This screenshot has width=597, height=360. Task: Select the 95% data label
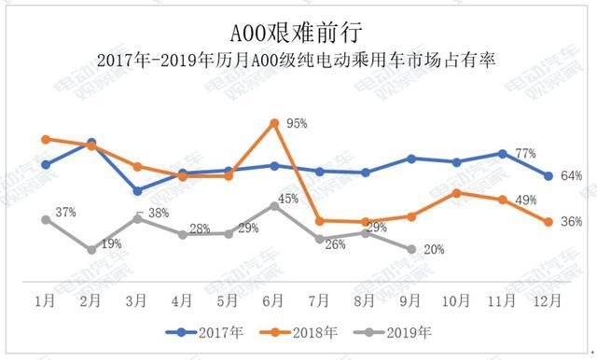click(x=298, y=123)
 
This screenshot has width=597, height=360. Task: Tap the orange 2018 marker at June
click(x=274, y=122)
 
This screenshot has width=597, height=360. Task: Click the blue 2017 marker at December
click(x=548, y=175)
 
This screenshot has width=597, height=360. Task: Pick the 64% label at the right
click(x=572, y=175)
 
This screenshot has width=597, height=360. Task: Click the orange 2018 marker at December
click(x=548, y=222)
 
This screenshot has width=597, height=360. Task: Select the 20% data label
click(x=434, y=250)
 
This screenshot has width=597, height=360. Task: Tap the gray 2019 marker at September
click(x=411, y=249)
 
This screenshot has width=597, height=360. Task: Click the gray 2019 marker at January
click(x=46, y=220)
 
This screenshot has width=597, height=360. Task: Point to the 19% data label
click(x=111, y=243)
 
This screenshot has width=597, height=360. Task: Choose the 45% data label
click(x=288, y=198)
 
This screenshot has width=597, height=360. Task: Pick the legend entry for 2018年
click(x=304, y=331)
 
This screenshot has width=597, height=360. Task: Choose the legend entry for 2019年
click(x=399, y=331)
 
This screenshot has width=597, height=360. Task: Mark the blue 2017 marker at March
click(x=137, y=190)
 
